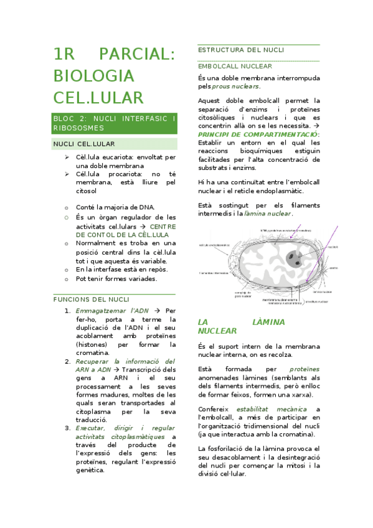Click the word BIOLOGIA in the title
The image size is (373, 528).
pyautogui.click(x=93, y=76)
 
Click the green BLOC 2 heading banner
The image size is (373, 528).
pyautogui.click(x=115, y=123)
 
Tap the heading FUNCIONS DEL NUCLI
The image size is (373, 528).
pyautogui.click(x=91, y=299)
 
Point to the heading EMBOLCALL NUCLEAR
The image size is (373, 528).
pyautogui.click(x=234, y=65)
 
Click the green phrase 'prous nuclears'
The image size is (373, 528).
pyautogui.click(x=235, y=86)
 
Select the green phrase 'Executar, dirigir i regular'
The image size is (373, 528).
pyautogui.click(x=125, y=428)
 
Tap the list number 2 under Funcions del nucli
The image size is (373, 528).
pyautogui.click(x=67, y=361)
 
